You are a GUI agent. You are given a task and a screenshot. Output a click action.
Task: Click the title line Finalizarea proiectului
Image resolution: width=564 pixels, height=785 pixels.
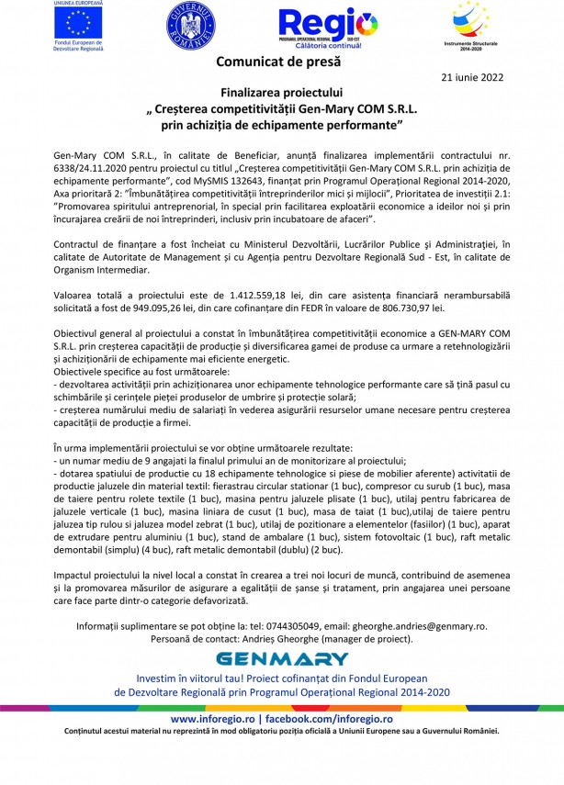[x=281, y=93]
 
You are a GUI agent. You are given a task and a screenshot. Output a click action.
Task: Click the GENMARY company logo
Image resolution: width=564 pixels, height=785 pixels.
[x=281, y=658]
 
